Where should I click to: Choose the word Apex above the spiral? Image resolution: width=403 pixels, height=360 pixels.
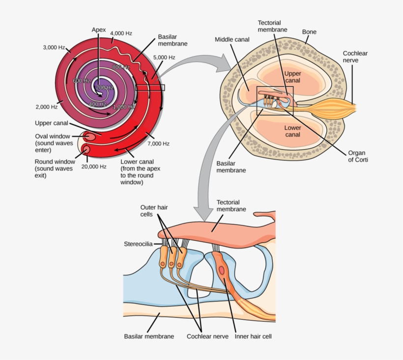click(x=99, y=30)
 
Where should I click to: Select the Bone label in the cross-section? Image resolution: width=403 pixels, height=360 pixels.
click(x=309, y=32)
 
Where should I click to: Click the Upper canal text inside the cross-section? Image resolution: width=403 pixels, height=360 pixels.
click(x=292, y=77)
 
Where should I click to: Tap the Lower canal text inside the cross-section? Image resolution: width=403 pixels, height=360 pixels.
click(x=292, y=131)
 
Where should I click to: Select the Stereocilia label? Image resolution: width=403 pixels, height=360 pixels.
click(x=139, y=243)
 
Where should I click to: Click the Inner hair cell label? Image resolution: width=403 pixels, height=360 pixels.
click(x=253, y=337)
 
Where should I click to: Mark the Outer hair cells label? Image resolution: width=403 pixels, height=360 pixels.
click(x=154, y=211)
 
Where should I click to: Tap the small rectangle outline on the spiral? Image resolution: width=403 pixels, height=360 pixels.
click(x=150, y=87)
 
